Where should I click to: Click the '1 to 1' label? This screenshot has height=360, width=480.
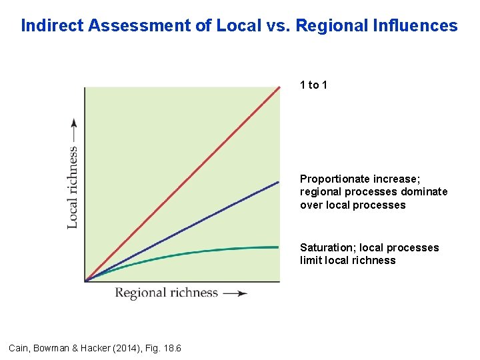(x=313, y=85)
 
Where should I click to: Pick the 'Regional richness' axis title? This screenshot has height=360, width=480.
(x=167, y=293)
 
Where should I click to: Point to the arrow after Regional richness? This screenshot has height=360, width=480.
(x=235, y=293)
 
